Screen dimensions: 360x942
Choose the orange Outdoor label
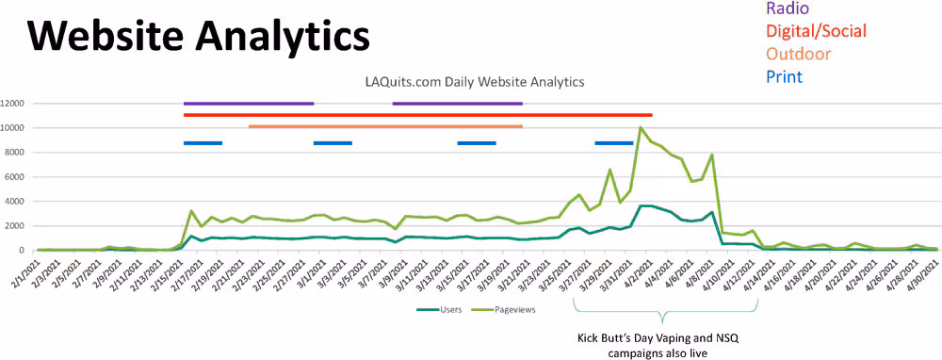pyautogui.click(x=799, y=54)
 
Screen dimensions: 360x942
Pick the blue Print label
pyautogui.click(x=784, y=76)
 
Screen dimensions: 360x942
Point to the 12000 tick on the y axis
pyautogui.click(x=17, y=104)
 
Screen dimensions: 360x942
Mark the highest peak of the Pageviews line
pyautogui.click(x=641, y=127)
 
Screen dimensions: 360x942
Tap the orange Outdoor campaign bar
pyautogui.click(x=385, y=126)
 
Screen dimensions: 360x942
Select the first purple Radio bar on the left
pyautogui.click(x=249, y=104)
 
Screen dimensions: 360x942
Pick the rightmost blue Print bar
pyautogui.click(x=613, y=143)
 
